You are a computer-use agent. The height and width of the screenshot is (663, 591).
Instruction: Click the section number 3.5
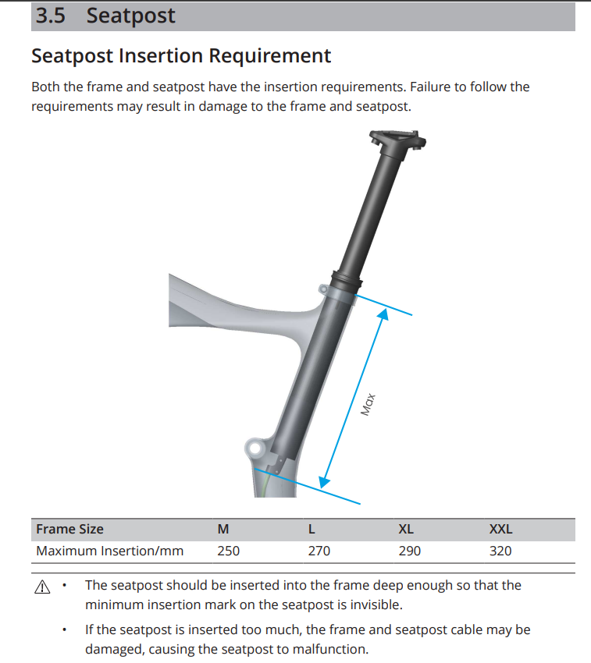pyautogui.click(x=51, y=16)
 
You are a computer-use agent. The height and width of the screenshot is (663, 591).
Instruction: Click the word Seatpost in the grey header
pyautogui.click(x=130, y=16)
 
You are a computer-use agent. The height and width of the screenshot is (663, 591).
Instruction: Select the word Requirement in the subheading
pyautogui.click(x=269, y=56)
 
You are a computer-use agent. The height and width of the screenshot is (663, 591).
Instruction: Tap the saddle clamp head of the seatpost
pyautogui.click(x=397, y=140)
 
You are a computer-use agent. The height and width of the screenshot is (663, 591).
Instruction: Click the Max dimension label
pyautogui.click(x=368, y=404)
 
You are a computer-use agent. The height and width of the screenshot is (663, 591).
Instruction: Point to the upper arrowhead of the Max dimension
pyautogui.click(x=383, y=314)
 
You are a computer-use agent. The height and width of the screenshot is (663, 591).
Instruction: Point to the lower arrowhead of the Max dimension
pyautogui.click(x=324, y=481)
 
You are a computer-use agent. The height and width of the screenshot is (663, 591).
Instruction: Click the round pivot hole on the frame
pyautogui.click(x=255, y=448)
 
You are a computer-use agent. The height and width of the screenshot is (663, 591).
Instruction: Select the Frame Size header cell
pyautogui.click(x=69, y=530)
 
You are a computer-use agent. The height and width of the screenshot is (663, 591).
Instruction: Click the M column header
pyautogui.click(x=223, y=530)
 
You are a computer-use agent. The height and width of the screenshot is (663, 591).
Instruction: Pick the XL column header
pyautogui.click(x=406, y=530)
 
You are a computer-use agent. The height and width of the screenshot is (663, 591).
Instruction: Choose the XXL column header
pyautogui.click(x=500, y=530)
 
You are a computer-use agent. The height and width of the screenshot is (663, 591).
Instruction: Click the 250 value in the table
pyautogui.click(x=228, y=551)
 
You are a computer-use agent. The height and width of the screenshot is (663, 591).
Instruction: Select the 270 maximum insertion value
pyautogui.click(x=319, y=551)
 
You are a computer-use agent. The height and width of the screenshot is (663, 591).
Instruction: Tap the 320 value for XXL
pyautogui.click(x=500, y=551)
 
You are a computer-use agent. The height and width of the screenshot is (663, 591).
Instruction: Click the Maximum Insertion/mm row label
pyautogui.click(x=109, y=551)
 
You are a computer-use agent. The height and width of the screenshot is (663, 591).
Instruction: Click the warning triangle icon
pyautogui.click(x=42, y=587)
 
